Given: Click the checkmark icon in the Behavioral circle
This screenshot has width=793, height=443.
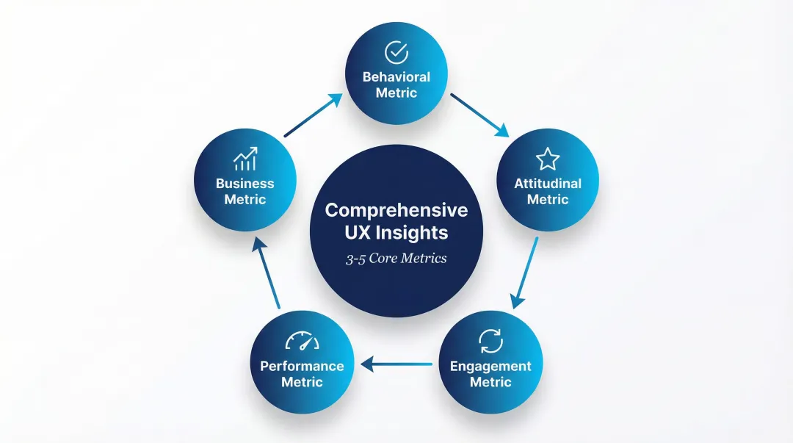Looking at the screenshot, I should pos(396,52).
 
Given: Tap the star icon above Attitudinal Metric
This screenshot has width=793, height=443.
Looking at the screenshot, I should pos(547,159).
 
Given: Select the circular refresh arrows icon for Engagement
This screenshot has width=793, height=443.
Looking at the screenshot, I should pos(490,341).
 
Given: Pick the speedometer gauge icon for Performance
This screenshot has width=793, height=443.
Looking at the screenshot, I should pos(302,342).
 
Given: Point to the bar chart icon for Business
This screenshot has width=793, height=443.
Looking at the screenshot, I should pos(245,159).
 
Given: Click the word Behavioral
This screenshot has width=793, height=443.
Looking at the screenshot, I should pos(396,76).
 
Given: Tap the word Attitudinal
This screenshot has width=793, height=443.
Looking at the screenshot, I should pos(548,183).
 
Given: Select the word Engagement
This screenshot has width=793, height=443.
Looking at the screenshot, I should pos(490,366).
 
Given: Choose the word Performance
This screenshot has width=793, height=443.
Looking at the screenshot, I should pos(302,366).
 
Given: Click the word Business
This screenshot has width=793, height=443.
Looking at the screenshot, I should pos(245,183).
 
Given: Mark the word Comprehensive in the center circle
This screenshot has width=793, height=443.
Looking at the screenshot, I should pos(396,210).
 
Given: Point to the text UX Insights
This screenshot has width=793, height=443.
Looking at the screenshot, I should pos(396,234).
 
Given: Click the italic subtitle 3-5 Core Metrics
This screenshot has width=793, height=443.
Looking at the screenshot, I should pos(396,259).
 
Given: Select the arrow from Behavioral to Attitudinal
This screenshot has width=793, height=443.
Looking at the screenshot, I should pos(479,115).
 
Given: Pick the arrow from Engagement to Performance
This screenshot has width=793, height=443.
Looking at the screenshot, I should pos(397,363).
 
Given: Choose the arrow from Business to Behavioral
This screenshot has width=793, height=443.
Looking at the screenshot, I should pos(314,115).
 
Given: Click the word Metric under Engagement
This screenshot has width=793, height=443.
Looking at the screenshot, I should pos(490,382).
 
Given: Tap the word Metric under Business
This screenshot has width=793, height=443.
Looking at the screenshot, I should pos(245,199).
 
